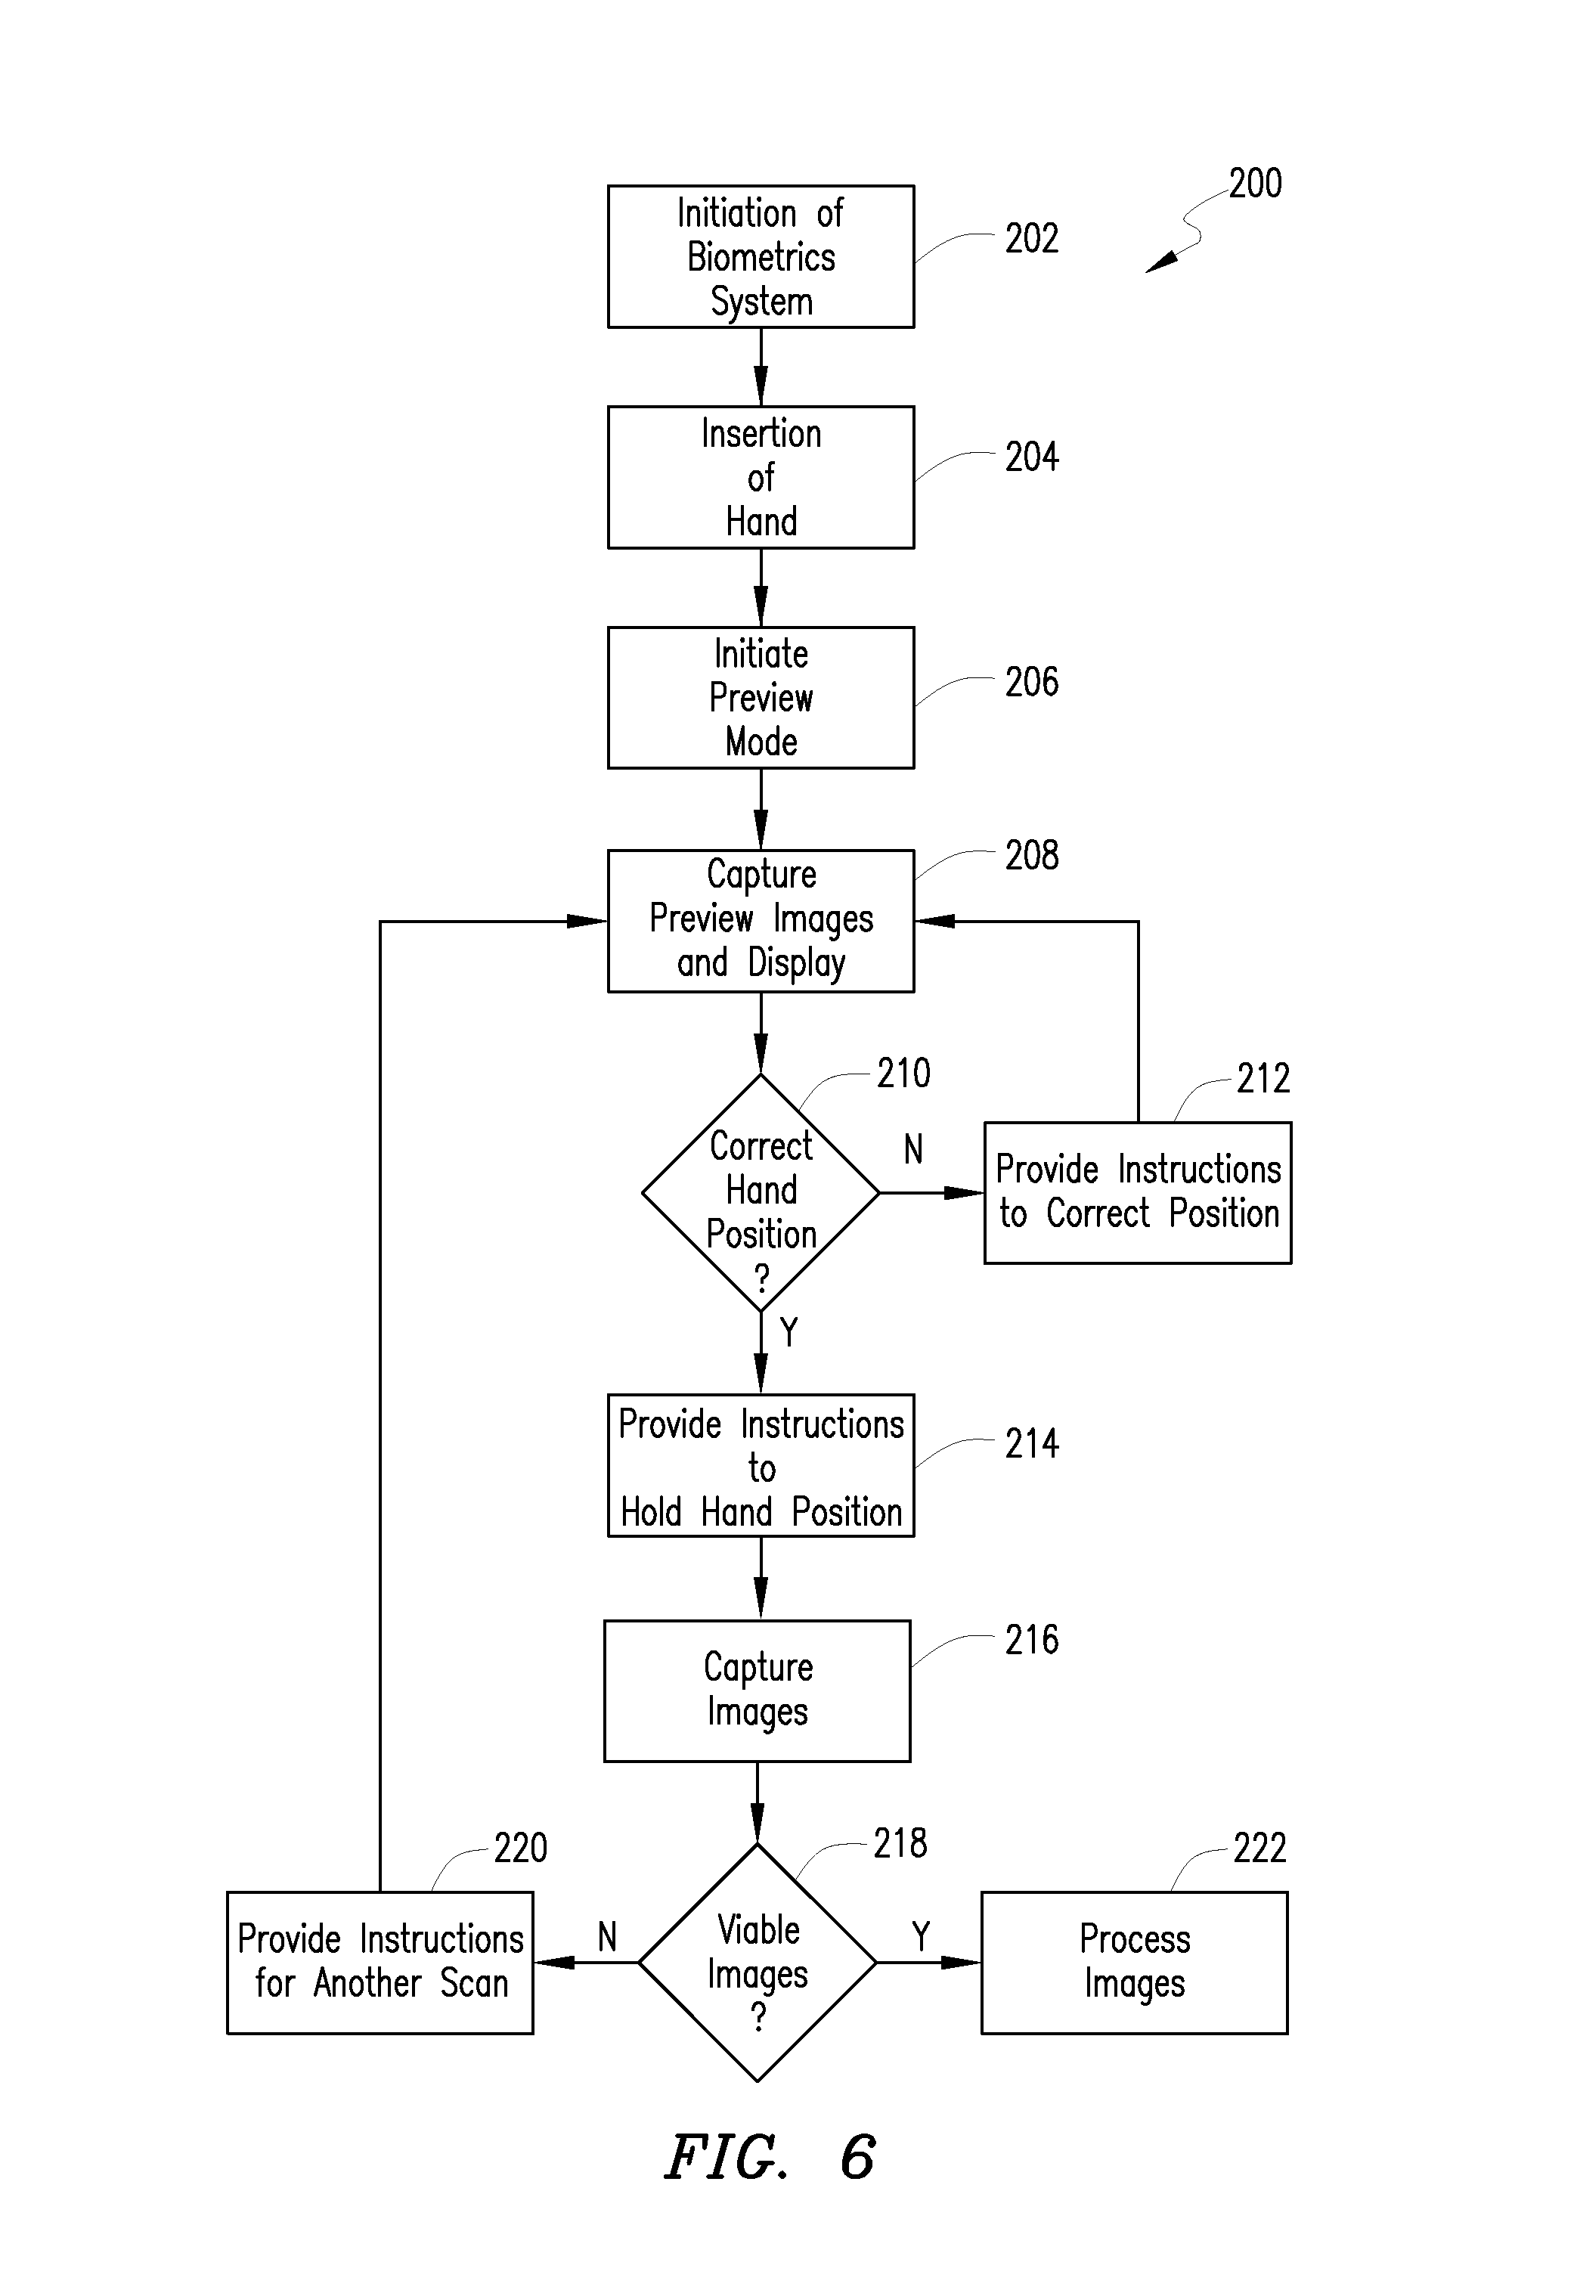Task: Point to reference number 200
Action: click(x=1255, y=184)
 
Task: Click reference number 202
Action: click(x=1032, y=239)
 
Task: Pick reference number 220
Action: click(x=521, y=1849)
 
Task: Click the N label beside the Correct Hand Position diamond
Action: click(x=913, y=1149)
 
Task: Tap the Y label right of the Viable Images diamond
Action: click(x=921, y=1936)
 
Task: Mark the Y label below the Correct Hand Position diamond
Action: click(x=788, y=1333)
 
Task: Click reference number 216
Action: click(x=1032, y=1641)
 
